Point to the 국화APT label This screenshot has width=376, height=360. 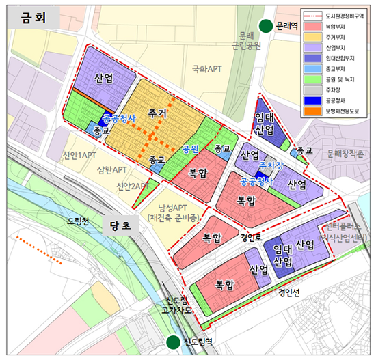click(x=206, y=69)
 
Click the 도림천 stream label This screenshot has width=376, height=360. click(x=79, y=220)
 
